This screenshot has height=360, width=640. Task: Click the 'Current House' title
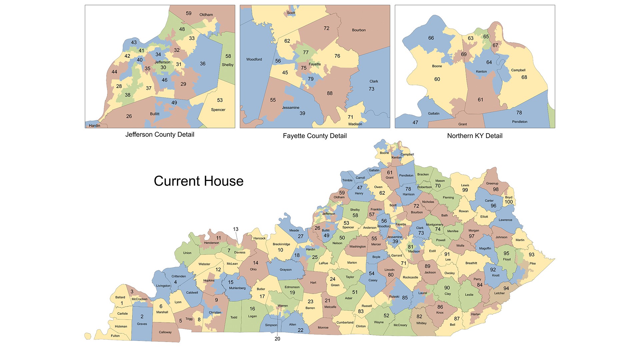[x=199, y=181]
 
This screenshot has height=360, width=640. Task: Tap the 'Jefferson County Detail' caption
[x=160, y=134]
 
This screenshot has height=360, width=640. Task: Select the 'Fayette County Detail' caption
[x=315, y=136]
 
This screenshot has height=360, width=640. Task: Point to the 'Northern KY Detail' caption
[x=475, y=136]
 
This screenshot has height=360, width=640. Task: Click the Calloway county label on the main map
[x=165, y=332]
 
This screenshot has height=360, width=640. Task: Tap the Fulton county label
[x=115, y=336]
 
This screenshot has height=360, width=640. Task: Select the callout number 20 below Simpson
[x=277, y=339]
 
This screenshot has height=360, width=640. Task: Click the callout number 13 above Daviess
[x=236, y=229]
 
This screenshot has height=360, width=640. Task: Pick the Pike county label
[x=533, y=263]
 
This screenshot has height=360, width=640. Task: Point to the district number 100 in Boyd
[x=509, y=202]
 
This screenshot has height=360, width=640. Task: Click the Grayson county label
[x=286, y=270]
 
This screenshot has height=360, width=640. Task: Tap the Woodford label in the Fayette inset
[x=254, y=59]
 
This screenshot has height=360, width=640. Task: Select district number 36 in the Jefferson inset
[x=203, y=64]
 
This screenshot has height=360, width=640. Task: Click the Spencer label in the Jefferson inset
[x=218, y=110]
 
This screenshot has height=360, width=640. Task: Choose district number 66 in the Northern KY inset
[x=431, y=38]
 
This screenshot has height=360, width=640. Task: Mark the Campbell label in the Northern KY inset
[x=518, y=70]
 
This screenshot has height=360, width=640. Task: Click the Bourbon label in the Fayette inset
[x=359, y=30]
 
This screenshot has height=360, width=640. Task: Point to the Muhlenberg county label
[x=237, y=288]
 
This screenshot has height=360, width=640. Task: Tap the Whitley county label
[x=421, y=323]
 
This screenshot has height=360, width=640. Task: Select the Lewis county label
[x=465, y=185]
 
